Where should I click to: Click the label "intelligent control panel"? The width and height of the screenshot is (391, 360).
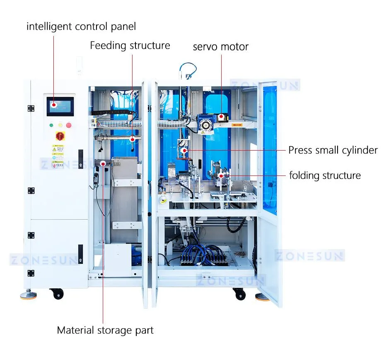click(81, 27)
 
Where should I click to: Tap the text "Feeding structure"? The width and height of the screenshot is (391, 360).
click(130, 45)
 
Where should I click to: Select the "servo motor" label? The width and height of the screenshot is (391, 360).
click(220, 47)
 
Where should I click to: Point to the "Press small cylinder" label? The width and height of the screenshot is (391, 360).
click(333, 150)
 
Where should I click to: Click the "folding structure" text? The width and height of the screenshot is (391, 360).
click(325, 175)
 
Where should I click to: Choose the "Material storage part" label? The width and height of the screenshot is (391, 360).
click(105, 330)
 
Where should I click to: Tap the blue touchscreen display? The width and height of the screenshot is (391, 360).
click(60, 107)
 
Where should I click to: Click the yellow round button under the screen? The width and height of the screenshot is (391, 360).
click(60, 125)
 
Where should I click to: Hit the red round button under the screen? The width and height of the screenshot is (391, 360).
click(69, 125)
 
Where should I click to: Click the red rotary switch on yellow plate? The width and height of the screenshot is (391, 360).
click(60, 136)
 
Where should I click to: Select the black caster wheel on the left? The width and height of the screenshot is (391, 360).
click(57, 294)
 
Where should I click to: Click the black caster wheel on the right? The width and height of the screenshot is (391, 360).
click(239, 294)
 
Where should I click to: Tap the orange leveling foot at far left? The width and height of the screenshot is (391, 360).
click(28, 295)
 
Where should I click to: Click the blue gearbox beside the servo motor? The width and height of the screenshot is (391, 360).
click(205, 122)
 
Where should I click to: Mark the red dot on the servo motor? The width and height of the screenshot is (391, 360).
click(221, 117)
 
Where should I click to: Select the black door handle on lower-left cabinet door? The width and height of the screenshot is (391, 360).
click(80, 254)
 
